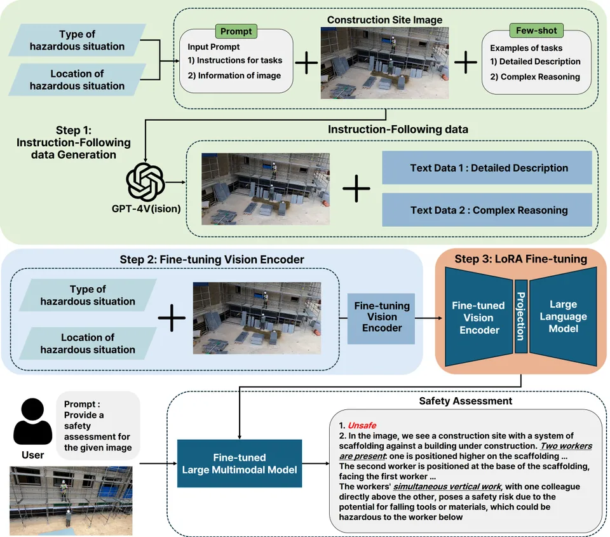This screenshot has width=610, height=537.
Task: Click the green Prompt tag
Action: (236, 31)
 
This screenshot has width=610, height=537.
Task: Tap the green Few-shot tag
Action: (536, 31)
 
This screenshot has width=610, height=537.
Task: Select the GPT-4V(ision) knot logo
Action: (145, 182)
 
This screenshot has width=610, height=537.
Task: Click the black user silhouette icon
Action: (32, 421)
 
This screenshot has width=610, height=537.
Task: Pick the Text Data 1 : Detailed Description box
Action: (487, 168)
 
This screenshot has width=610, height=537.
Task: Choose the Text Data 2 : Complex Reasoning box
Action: (487, 210)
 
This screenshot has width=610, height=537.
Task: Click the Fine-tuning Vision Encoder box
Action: (381, 318)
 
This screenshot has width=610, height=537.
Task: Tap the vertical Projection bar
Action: (521, 316)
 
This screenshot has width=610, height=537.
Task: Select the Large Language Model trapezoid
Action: (564, 316)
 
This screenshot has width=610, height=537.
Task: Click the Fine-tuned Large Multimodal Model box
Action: (240, 463)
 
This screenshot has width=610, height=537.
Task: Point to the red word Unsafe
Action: (362, 425)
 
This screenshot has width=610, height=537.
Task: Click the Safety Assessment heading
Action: (465, 401)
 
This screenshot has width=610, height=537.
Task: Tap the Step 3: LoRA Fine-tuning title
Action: (520, 259)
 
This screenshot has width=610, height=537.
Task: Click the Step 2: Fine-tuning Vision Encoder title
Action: (212, 259)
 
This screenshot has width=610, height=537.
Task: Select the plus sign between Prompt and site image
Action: (306, 62)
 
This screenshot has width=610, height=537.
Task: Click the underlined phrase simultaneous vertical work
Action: (447, 486)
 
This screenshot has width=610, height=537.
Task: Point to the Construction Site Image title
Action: (384, 20)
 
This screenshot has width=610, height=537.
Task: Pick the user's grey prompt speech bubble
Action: (98, 425)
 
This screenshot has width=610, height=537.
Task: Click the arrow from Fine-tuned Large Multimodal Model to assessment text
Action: (316, 463)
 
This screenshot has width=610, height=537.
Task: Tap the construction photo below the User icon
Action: (71, 501)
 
